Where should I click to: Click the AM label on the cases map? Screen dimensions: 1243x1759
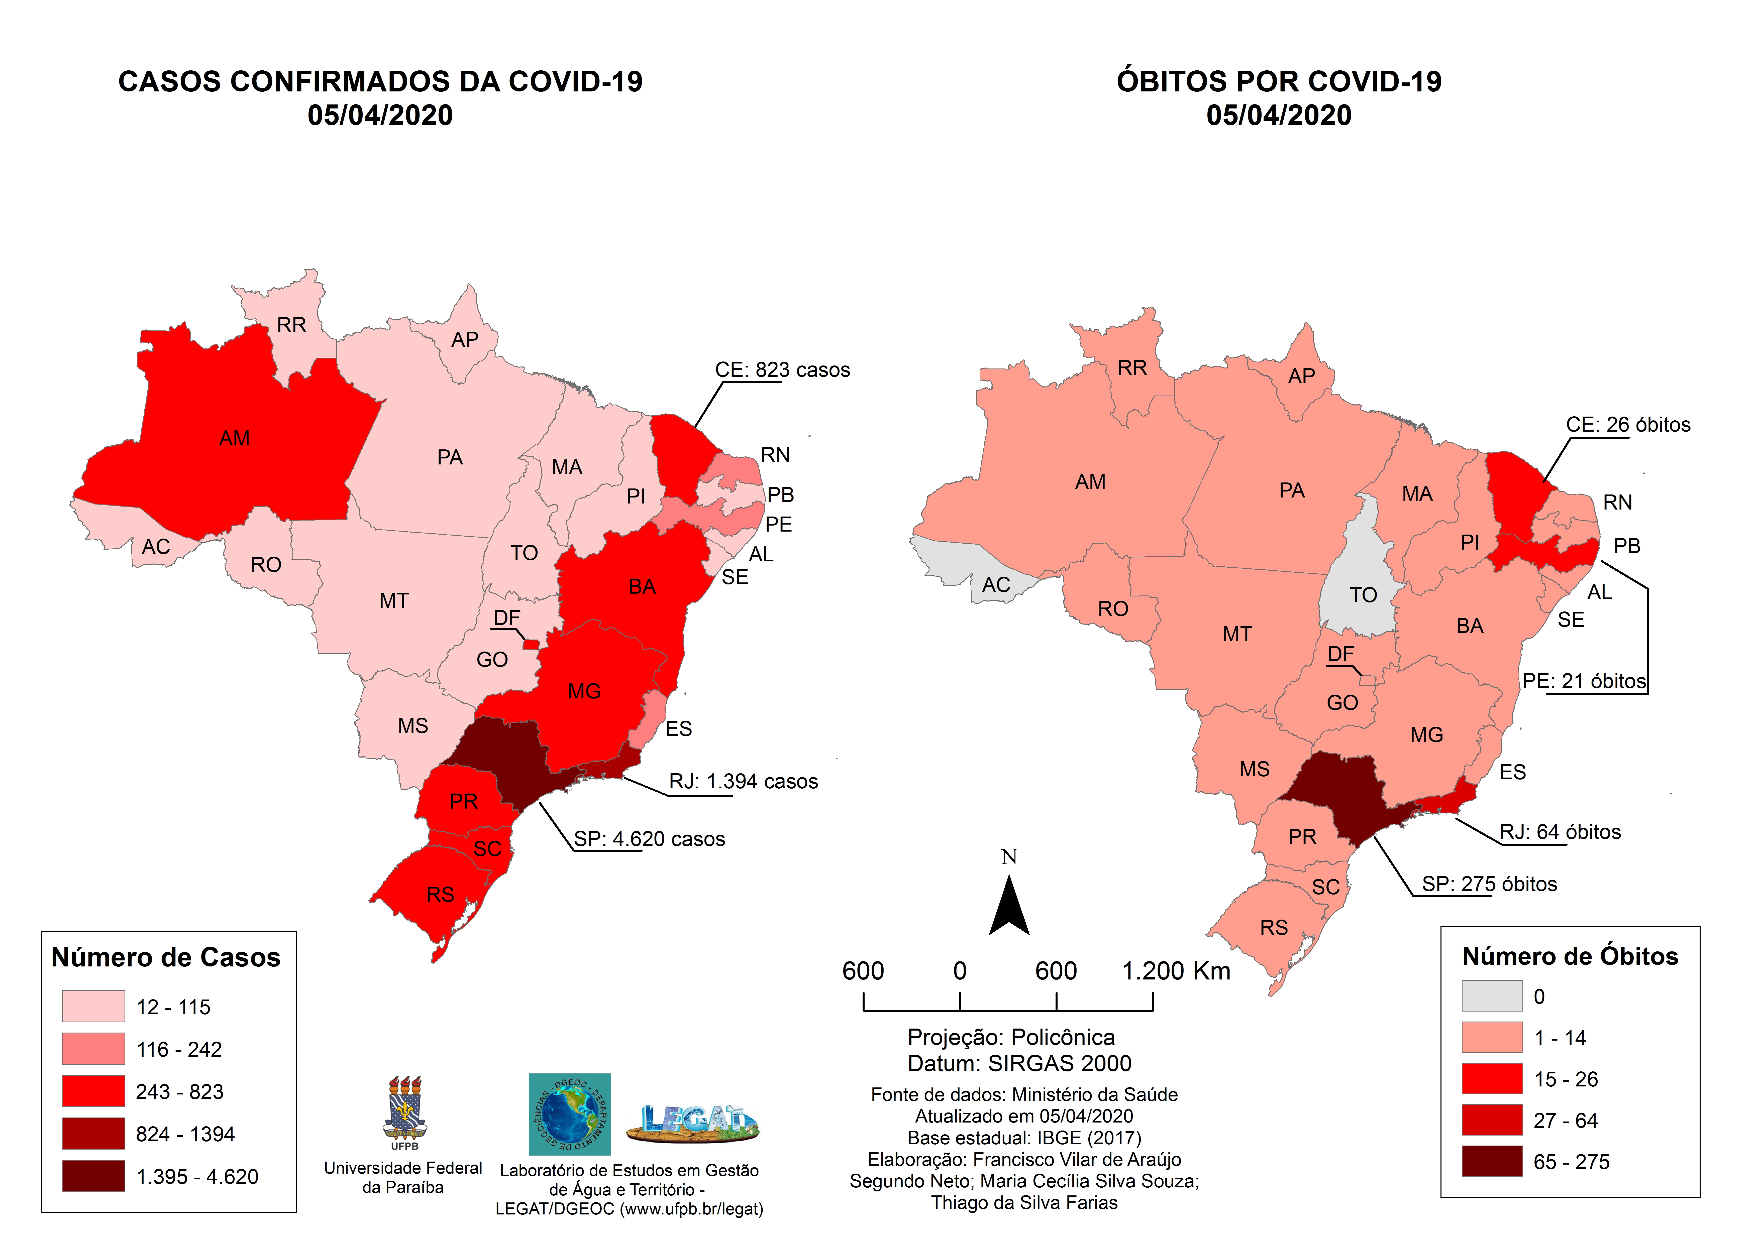coord(234,438)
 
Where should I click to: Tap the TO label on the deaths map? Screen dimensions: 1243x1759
coord(1363,595)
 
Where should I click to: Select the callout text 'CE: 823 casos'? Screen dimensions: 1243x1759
coord(782,370)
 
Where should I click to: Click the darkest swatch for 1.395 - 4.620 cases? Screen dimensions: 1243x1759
coord(93,1176)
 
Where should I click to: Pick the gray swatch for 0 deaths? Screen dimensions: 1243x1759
coord(1492,996)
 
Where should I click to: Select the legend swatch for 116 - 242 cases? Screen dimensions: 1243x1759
coord(93,1048)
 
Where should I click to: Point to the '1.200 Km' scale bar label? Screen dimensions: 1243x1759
coord(1176,971)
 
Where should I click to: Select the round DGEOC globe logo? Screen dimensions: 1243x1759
coord(569,1114)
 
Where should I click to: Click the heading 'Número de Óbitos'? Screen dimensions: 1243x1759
coord(1570,956)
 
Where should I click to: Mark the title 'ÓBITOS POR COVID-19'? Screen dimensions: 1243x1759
coord(1279,81)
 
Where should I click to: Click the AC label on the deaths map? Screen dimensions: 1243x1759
coord(996,585)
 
